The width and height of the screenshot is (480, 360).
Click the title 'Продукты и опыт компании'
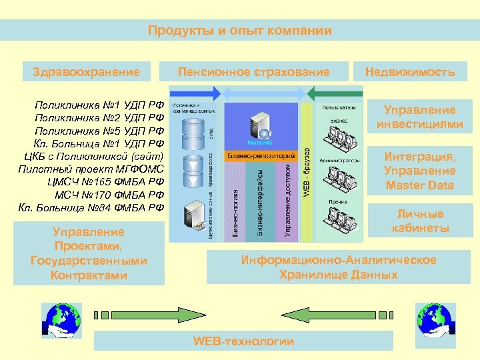239,30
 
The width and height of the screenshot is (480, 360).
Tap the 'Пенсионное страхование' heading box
253,72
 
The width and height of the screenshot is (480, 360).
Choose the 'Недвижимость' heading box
410,72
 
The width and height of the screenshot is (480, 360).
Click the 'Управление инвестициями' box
419,117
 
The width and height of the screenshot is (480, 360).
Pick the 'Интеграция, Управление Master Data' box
419,171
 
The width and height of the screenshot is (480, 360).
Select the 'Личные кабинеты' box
420,221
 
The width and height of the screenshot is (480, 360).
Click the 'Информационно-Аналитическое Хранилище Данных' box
339,267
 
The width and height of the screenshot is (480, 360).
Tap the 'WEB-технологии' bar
243,341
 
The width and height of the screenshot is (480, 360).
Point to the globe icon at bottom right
434,317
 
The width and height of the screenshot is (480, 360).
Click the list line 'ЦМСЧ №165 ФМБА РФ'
105,181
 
